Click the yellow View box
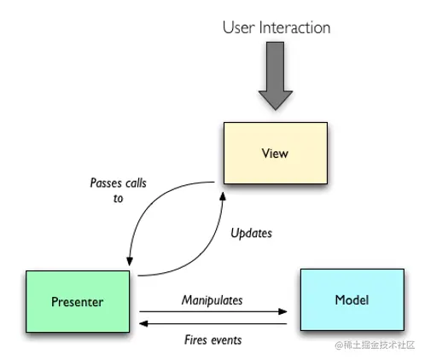(276, 153)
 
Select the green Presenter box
(78, 301)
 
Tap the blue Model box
(352, 299)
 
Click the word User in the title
(238, 27)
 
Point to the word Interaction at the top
(294, 27)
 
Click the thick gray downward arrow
(276, 76)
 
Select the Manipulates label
(212, 300)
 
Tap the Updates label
(251, 233)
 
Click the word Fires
(196, 340)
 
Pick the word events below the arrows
(226, 340)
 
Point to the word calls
(136, 183)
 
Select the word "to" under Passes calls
(118, 199)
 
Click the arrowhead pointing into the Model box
(282, 311)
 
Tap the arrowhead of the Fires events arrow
(143, 323)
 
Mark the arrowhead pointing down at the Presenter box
(130, 261)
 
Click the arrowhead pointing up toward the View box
(223, 196)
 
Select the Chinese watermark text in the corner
(375, 345)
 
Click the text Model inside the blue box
(352, 300)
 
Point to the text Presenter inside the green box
(78, 302)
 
